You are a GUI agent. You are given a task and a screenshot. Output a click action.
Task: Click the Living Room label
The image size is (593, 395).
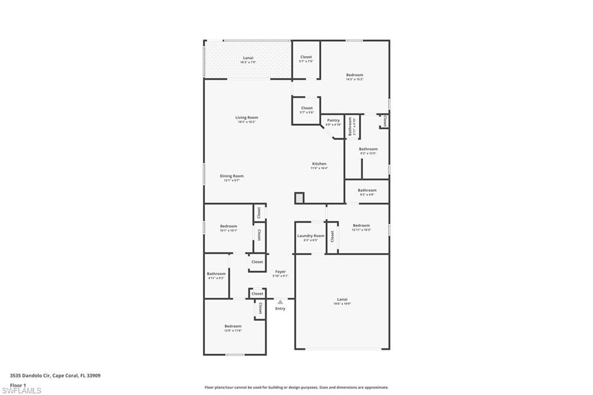pyautogui.click(x=247, y=118)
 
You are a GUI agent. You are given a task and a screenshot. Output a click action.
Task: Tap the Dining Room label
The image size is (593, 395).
pyautogui.click(x=232, y=176)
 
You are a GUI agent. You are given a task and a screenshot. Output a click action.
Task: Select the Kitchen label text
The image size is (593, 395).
pyautogui.click(x=319, y=164)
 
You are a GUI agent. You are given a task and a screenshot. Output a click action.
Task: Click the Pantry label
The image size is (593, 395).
pyautogui.click(x=333, y=120)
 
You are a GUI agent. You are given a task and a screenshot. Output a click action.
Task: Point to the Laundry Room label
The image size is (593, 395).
pyautogui.click(x=311, y=236)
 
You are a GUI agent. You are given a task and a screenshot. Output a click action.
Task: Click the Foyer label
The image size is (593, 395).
pyautogui.click(x=280, y=272)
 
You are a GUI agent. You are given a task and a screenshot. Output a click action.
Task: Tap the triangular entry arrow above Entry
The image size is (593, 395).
pyautogui.click(x=280, y=302)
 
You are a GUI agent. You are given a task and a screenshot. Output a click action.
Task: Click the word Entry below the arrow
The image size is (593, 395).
pyautogui.click(x=280, y=309)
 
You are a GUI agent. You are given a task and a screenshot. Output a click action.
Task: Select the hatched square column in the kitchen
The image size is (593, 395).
pyautogui.click(x=299, y=198)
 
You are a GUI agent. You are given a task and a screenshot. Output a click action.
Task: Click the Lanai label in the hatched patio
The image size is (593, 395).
pyautogui.click(x=247, y=58)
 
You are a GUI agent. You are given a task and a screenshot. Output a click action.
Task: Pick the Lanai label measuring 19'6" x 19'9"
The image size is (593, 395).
pyautogui.click(x=342, y=300)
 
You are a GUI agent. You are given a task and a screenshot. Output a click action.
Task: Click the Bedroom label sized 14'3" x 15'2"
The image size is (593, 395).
pyautogui.click(x=354, y=75)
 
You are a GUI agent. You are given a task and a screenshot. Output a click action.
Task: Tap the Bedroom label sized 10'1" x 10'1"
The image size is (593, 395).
pyautogui.click(x=228, y=226)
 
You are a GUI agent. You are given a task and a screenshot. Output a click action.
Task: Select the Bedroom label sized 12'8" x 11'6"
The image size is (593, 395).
pyautogui.click(x=233, y=326)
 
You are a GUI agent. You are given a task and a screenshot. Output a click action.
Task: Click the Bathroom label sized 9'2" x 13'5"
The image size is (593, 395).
pyautogui.click(x=368, y=149)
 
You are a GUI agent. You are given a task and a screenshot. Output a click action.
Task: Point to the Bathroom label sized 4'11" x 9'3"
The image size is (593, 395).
pyautogui.click(x=216, y=274)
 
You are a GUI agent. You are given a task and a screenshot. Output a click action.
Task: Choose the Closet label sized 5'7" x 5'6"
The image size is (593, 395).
pyautogui.click(x=306, y=108)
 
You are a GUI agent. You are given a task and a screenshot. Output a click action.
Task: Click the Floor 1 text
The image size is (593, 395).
pyautogui.click(x=19, y=385)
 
